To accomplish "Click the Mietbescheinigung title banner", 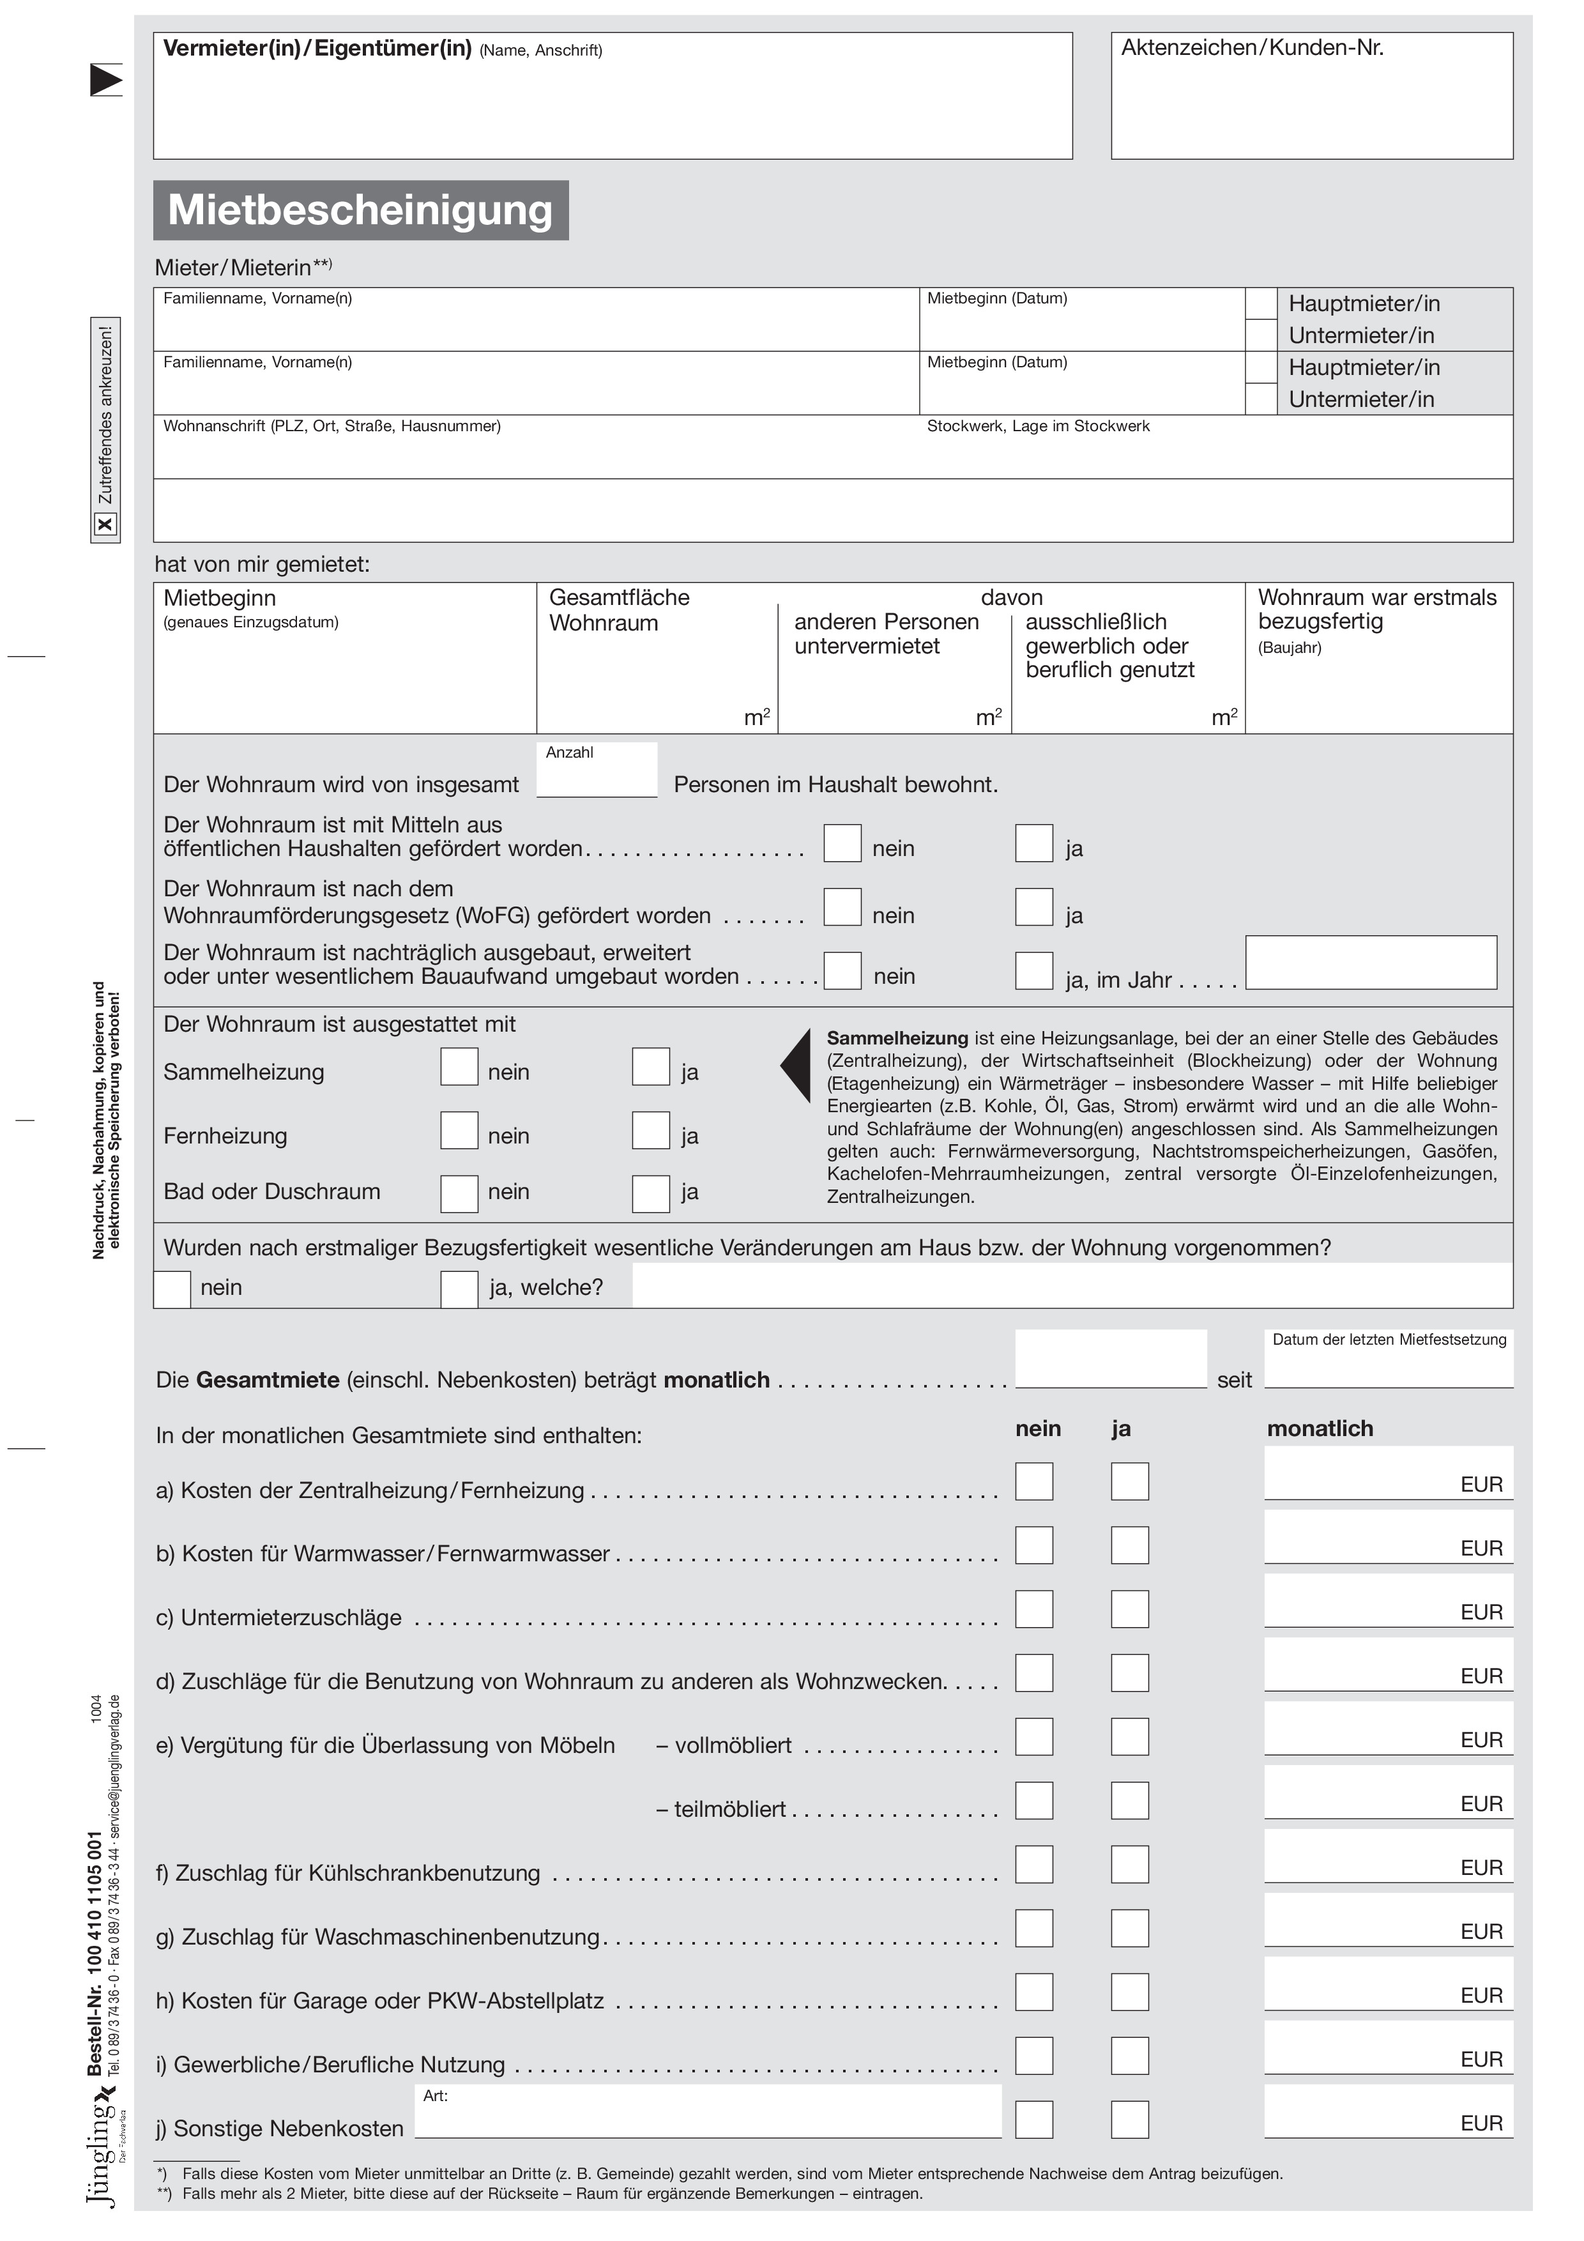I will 360,210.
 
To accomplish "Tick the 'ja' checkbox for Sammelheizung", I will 650,1067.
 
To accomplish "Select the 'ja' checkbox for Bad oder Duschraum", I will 650,1194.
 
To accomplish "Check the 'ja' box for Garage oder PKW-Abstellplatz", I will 1129,1992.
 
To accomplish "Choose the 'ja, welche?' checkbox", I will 459,1289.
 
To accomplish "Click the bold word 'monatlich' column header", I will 1320,1429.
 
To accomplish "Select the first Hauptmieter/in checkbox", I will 1261,303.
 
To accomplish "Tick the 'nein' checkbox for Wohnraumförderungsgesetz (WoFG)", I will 842,906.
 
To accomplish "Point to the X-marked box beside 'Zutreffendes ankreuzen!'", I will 105,525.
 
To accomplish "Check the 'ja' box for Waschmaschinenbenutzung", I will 1129,1929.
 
